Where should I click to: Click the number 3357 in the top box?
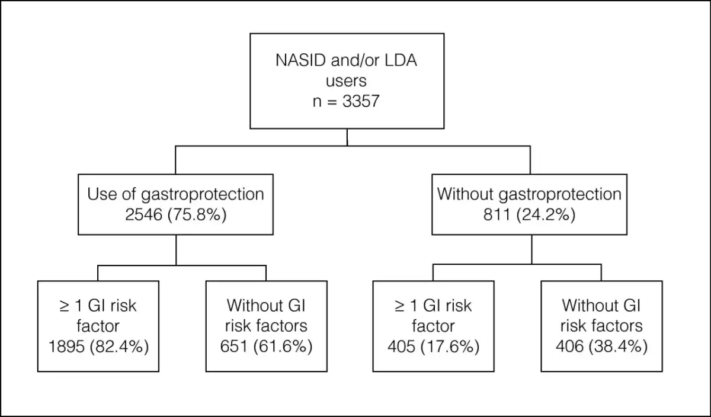click(361, 101)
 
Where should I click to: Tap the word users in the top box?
click(346, 81)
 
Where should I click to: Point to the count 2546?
click(143, 214)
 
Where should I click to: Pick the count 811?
click(497, 214)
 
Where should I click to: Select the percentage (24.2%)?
click(546, 215)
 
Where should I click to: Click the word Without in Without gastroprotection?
click(465, 194)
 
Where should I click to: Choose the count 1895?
click(66, 347)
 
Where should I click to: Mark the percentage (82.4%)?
click(119, 347)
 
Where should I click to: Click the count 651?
click(233, 347)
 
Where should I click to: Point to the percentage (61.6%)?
click(283, 347)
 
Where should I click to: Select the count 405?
click(401, 347)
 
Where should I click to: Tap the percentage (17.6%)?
click(450, 347)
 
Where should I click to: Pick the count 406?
click(569, 347)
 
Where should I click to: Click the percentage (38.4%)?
click(619, 347)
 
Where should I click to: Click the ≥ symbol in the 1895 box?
click(65, 306)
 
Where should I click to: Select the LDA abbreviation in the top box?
click(401, 60)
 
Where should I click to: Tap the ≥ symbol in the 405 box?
click(399, 306)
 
